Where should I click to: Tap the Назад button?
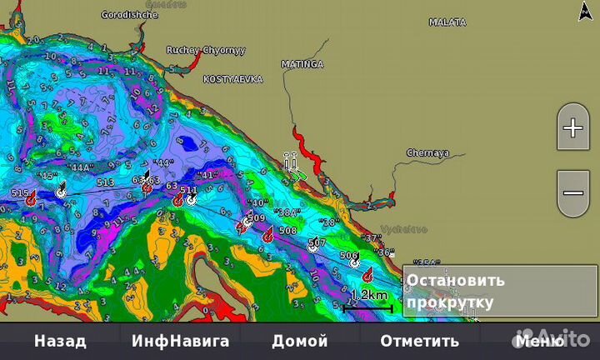click(x=59, y=341)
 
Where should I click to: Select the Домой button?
click(x=300, y=341)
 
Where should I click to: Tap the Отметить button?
click(x=419, y=341)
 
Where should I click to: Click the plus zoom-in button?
click(x=573, y=128)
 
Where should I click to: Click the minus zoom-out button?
click(x=573, y=192)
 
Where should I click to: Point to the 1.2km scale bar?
click(x=367, y=302)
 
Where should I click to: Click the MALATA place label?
click(x=447, y=22)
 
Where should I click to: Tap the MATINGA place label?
click(x=301, y=63)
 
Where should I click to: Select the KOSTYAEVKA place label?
click(x=232, y=79)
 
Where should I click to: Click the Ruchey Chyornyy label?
click(x=206, y=50)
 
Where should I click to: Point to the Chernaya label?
click(x=427, y=153)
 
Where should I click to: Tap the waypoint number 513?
click(x=105, y=182)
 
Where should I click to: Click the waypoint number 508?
click(x=287, y=230)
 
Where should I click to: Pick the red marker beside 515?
click(x=31, y=200)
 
